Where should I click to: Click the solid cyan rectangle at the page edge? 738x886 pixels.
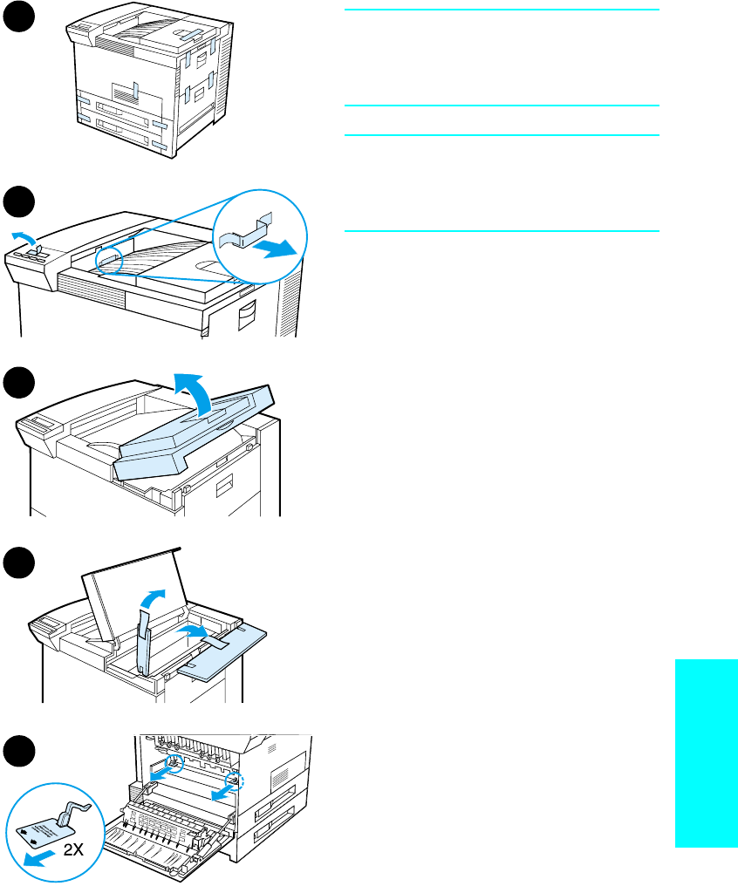tap(706, 752)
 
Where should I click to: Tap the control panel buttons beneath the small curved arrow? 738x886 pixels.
tap(31, 256)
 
